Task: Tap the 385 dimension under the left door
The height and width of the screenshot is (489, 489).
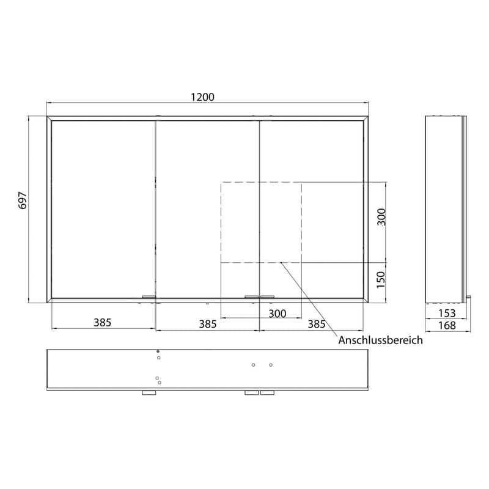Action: pos(103,323)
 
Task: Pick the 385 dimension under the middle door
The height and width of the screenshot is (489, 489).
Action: pos(208,324)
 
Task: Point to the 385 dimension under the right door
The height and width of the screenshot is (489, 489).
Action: pos(316,324)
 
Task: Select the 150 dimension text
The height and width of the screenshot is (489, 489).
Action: pos(381,279)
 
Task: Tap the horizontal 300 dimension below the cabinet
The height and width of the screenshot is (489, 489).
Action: pos(277,314)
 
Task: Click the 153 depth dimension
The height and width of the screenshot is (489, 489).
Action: pos(447,314)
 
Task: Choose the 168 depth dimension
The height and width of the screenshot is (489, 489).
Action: pos(447,326)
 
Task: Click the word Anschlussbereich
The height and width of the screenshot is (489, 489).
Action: pos(380,340)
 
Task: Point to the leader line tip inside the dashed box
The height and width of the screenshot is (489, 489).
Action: pos(280,263)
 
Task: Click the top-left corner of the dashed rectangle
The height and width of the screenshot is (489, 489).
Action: pos(221,183)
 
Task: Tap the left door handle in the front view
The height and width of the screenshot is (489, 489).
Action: pos(149,297)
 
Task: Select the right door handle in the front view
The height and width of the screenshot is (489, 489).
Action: pos(268,297)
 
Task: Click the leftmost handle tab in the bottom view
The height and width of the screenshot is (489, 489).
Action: pos(149,393)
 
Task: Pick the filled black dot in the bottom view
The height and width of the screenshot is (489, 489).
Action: pos(158,351)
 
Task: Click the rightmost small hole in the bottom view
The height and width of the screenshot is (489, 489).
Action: pos(271,365)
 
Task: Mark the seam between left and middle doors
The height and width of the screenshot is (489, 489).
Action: pos(155,208)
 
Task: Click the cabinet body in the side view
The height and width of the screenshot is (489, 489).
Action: pos(446,208)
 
